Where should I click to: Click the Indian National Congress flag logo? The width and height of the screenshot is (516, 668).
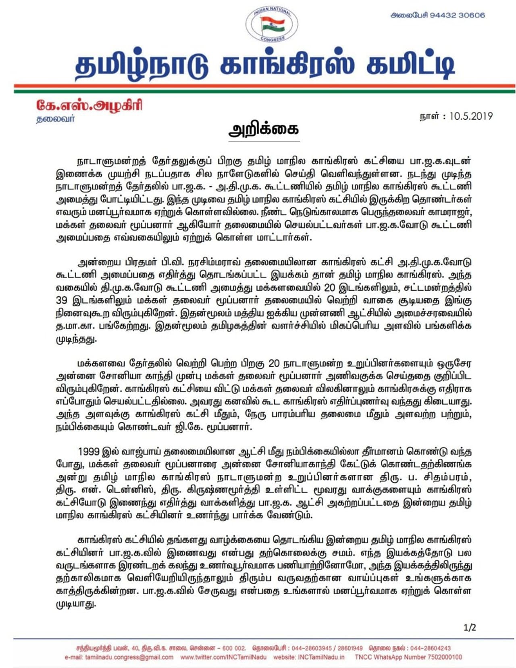pyautogui.click(x=273, y=25)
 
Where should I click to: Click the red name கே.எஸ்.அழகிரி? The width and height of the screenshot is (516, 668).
pyautogui.click(x=89, y=106)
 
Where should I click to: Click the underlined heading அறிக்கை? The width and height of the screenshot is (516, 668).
pyautogui.click(x=264, y=130)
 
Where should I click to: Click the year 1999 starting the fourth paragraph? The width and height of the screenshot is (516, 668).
pyautogui.click(x=89, y=451)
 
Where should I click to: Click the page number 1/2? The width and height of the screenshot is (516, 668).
pyautogui.click(x=470, y=627)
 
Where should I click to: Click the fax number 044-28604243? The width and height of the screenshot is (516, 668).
pyautogui.click(x=430, y=648)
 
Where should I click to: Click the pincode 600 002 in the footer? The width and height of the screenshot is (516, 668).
pyautogui.click(x=234, y=648)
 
